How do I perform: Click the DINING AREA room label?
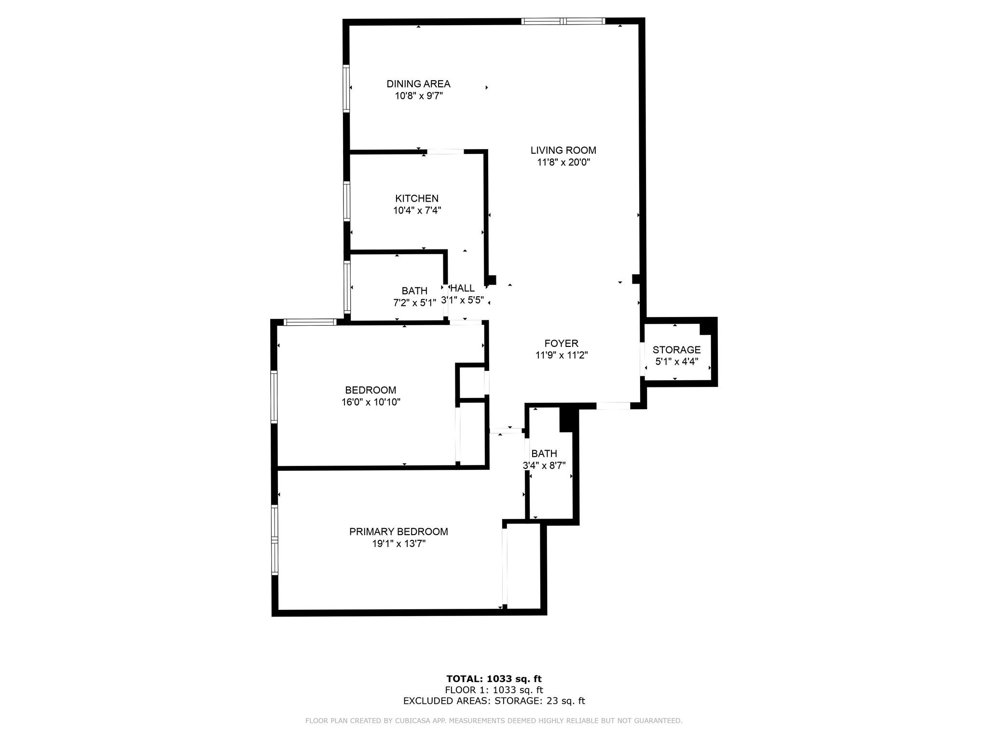click(x=418, y=84)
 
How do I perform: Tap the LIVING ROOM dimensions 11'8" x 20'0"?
click(x=563, y=163)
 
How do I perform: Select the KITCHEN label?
click(x=417, y=198)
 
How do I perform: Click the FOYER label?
click(x=561, y=343)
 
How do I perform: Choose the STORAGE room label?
click(x=676, y=350)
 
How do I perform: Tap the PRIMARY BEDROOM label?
click(x=398, y=532)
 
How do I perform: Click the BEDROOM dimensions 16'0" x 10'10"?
click(x=371, y=402)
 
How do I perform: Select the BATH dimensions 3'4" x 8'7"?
click(x=544, y=466)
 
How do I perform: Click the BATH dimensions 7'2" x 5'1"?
click(x=414, y=303)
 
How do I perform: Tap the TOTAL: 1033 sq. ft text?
click(x=494, y=679)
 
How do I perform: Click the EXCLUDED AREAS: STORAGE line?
click(x=494, y=701)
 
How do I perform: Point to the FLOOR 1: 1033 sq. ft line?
click(x=494, y=690)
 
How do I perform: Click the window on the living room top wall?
click(x=563, y=21)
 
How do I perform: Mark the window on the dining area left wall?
click(x=346, y=89)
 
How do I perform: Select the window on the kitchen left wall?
click(x=346, y=201)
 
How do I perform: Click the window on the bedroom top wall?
click(x=310, y=322)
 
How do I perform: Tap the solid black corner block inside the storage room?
click(x=707, y=327)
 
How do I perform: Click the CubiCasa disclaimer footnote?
click(x=494, y=721)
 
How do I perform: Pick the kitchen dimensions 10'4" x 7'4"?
click(x=417, y=210)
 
